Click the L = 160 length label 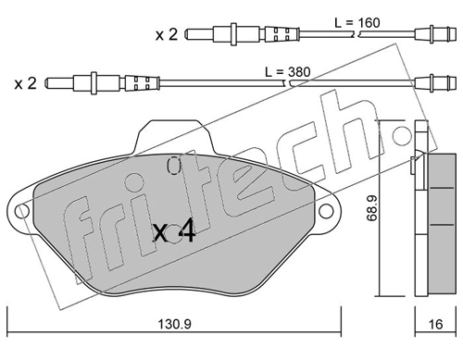[357, 22]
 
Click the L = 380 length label [288, 72]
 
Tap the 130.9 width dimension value [175, 324]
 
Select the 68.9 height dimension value [372, 209]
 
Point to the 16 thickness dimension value [436, 324]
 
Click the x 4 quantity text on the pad [174, 230]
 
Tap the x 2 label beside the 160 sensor [167, 34]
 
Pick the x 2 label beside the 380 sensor [25, 83]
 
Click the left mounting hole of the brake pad [22, 212]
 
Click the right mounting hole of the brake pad [326, 211]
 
